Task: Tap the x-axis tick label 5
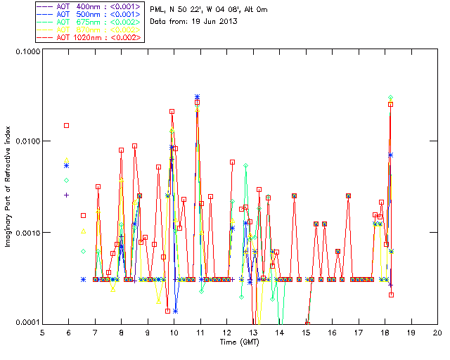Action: click(x=42, y=332)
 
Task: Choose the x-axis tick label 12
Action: click(x=226, y=332)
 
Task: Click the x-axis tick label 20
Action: click(x=437, y=332)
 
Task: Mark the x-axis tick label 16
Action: click(x=332, y=332)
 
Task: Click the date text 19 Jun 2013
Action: click(x=210, y=21)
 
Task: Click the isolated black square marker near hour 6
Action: click(x=67, y=125)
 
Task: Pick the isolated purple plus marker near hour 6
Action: click(x=67, y=195)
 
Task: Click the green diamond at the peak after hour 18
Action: click(x=390, y=98)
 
